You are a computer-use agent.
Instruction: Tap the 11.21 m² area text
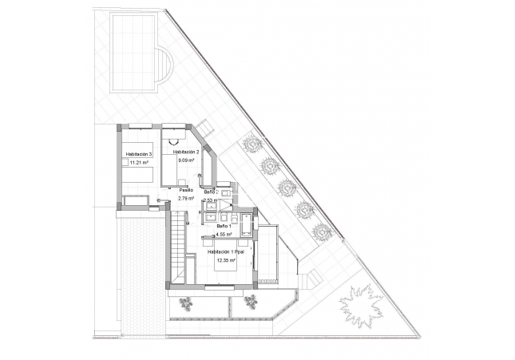tap(139, 164)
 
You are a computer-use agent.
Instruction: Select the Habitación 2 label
tap(185, 152)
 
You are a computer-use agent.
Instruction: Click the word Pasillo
tap(185, 190)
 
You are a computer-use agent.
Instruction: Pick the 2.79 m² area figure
tap(186, 199)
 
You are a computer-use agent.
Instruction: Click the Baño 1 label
tap(224, 227)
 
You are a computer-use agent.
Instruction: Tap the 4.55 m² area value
tap(224, 235)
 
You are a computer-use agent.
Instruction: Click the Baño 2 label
tap(210, 192)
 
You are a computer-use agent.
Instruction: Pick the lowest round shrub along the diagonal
tap(322, 232)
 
